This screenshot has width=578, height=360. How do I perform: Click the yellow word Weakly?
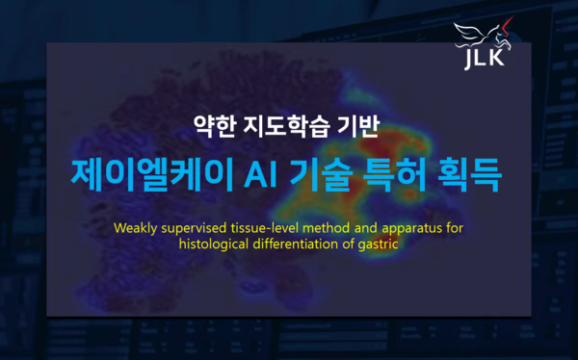(136, 229)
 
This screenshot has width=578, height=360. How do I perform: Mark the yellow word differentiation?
(300, 244)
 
